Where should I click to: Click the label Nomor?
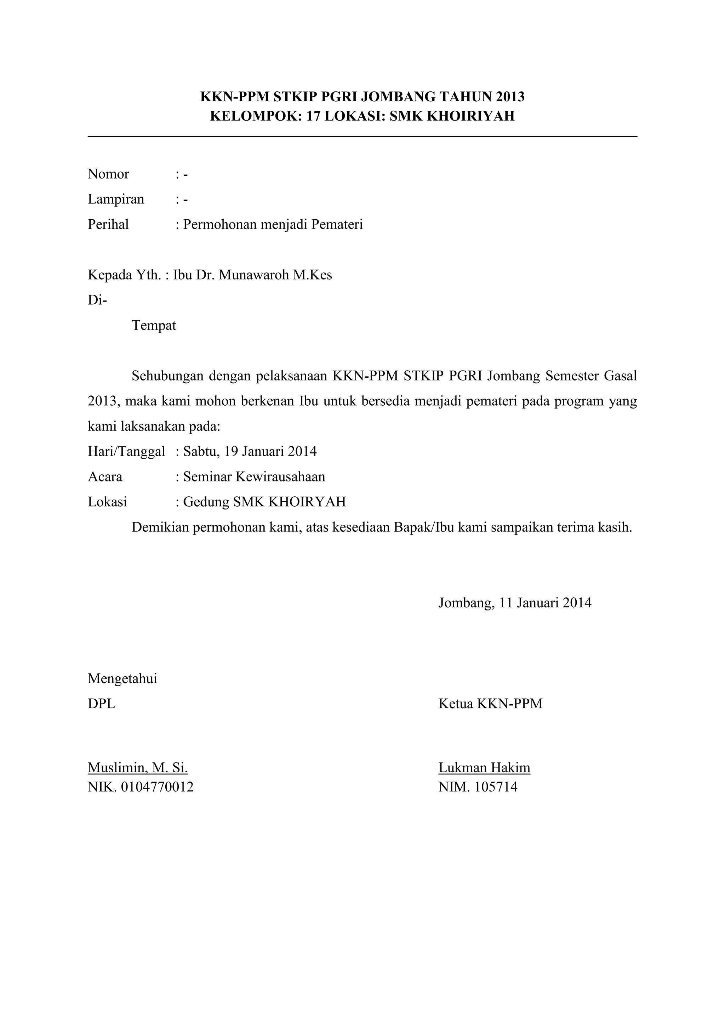(x=108, y=174)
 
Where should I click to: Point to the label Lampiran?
(x=116, y=199)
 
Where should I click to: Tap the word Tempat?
(x=154, y=325)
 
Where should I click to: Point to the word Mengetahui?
(x=122, y=678)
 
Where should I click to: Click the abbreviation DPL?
(x=101, y=704)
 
